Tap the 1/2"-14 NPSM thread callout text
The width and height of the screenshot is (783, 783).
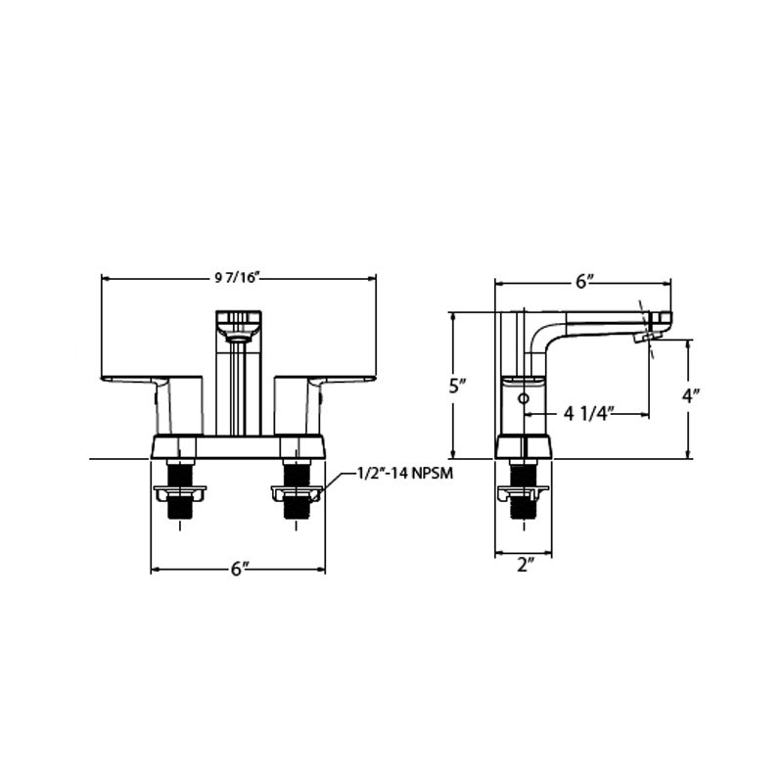pyautogui.click(x=405, y=473)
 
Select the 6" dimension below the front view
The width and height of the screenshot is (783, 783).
pyautogui.click(x=240, y=569)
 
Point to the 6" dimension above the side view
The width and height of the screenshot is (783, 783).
pyautogui.click(x=583, y=282)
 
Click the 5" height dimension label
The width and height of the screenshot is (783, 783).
pyautogui.click(x=457, y=386)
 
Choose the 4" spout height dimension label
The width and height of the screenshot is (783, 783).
pyautogui.click(x=691, y=397)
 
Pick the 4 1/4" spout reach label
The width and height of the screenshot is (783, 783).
pyautogui.click(x=588, y=414)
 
